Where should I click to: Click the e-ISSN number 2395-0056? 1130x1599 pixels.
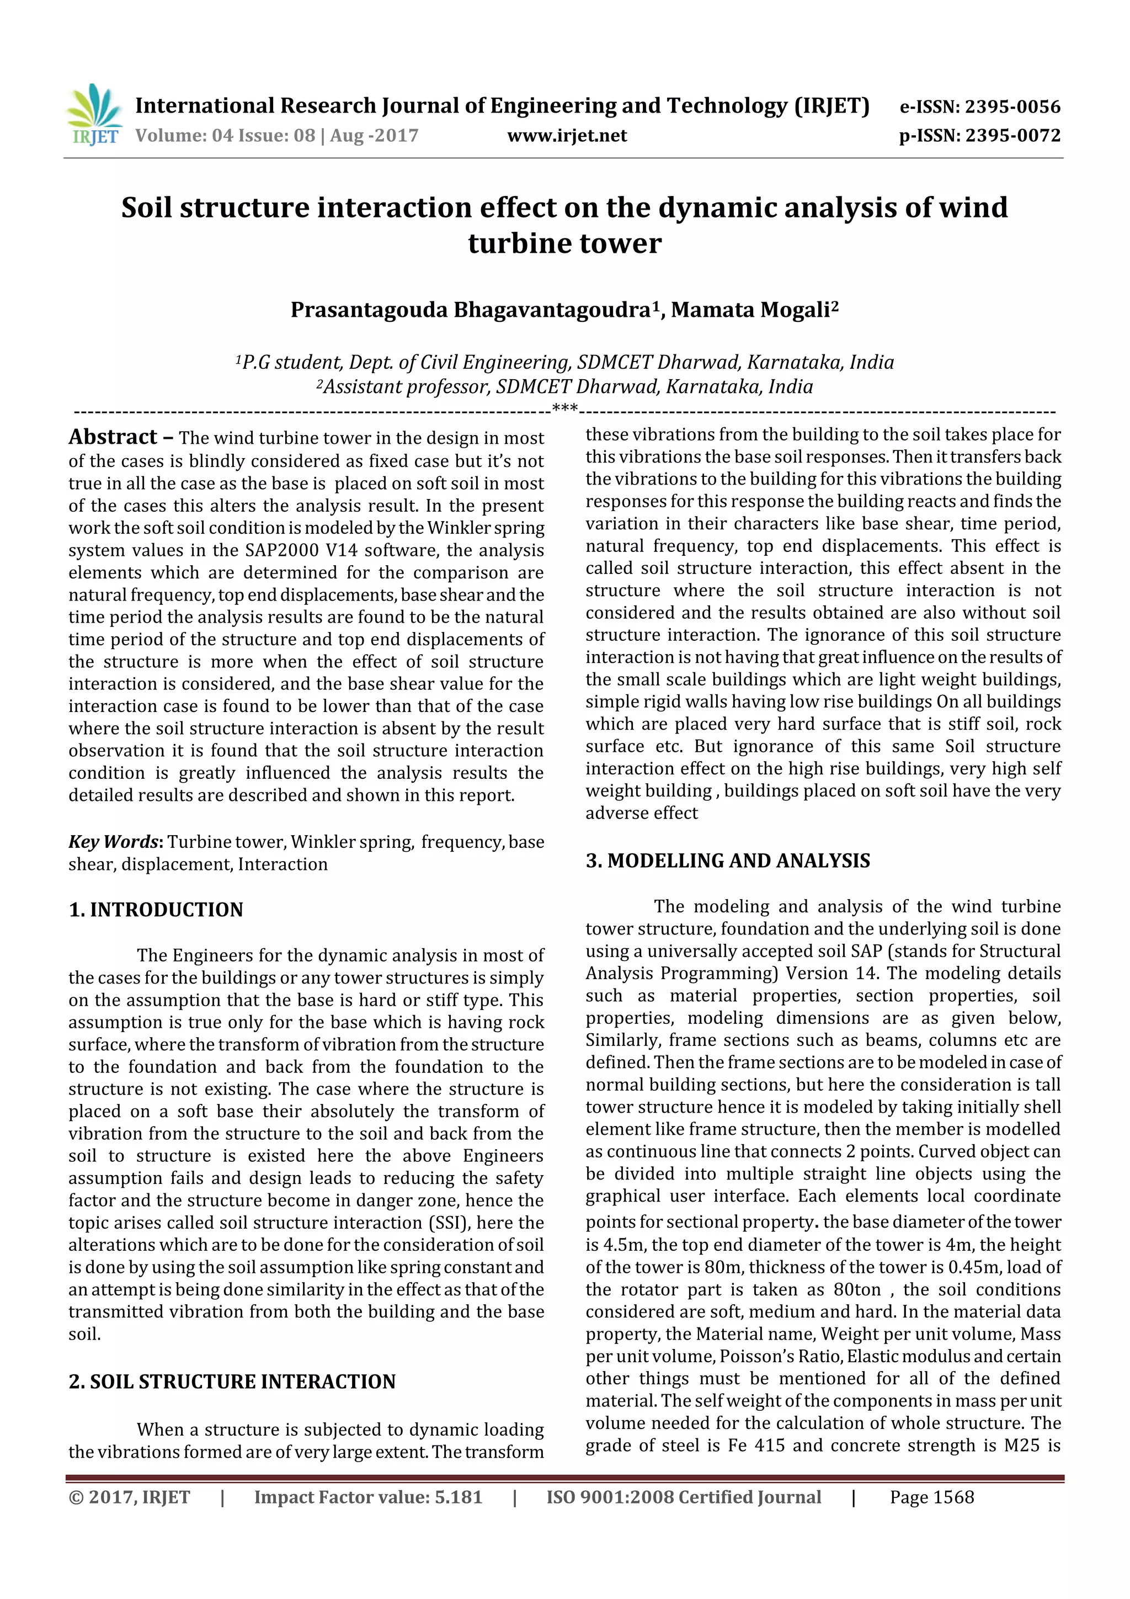(1012, 107)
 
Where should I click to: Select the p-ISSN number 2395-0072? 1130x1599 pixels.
(1012, 136)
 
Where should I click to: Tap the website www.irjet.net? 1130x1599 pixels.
(567, 136)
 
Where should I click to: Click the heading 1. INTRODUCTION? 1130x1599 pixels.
(156, 910)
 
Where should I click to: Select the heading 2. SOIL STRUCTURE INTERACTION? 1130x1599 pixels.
(232, 1382)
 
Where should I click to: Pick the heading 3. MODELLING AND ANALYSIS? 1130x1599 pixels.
(728, 861)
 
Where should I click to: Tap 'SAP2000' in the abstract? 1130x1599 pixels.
(281, 551)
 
